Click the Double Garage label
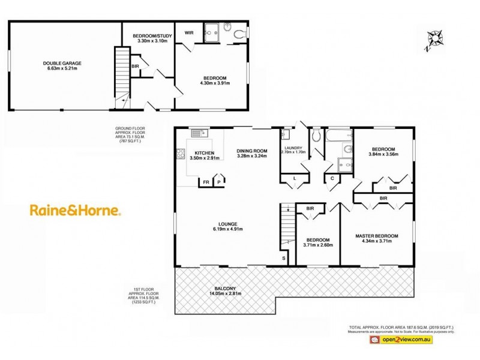pos(62,63)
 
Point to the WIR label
pos(188,32)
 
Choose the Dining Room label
pos(251,151)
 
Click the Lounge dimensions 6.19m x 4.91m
pos(227,229)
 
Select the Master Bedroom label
pos(376,236)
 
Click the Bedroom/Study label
pos(148,37)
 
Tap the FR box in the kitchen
pos(206,181)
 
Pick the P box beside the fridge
pos(219,181)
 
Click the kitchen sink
pos(198,133)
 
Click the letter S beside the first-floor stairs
pos(284,259)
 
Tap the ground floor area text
pos(130,135)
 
